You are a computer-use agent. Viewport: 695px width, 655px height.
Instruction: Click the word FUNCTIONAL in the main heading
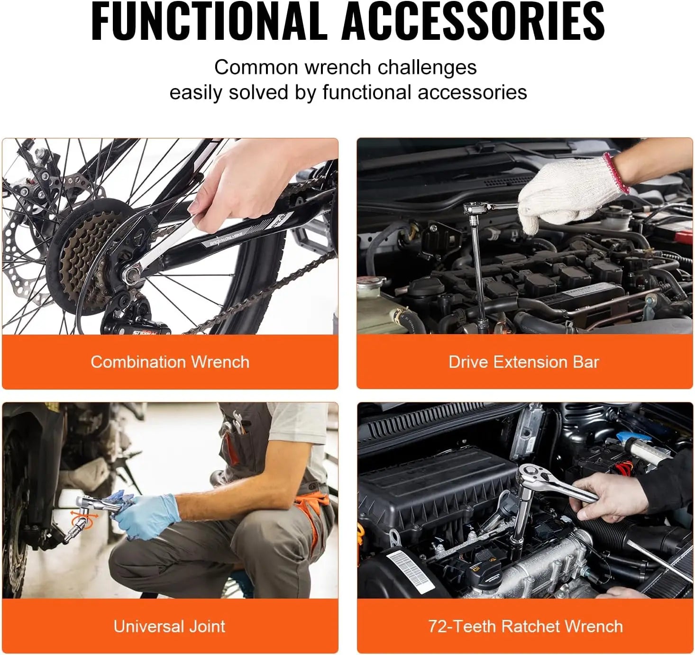[x=209, y=21]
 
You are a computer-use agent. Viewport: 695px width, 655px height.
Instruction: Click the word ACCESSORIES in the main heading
[x=473, y=21]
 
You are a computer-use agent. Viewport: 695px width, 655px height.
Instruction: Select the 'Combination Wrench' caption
[x=170, y=362]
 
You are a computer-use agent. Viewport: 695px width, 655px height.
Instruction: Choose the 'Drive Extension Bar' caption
[x=524, y=362]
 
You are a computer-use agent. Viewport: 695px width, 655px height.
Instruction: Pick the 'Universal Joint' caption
[x=169, y=626]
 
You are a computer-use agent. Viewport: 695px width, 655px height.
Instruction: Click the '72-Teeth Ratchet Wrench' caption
[x=525, y=626]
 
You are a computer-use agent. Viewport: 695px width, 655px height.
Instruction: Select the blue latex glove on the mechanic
[x=147, y=517]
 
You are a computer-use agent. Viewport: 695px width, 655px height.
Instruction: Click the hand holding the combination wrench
[x=237, y=190]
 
